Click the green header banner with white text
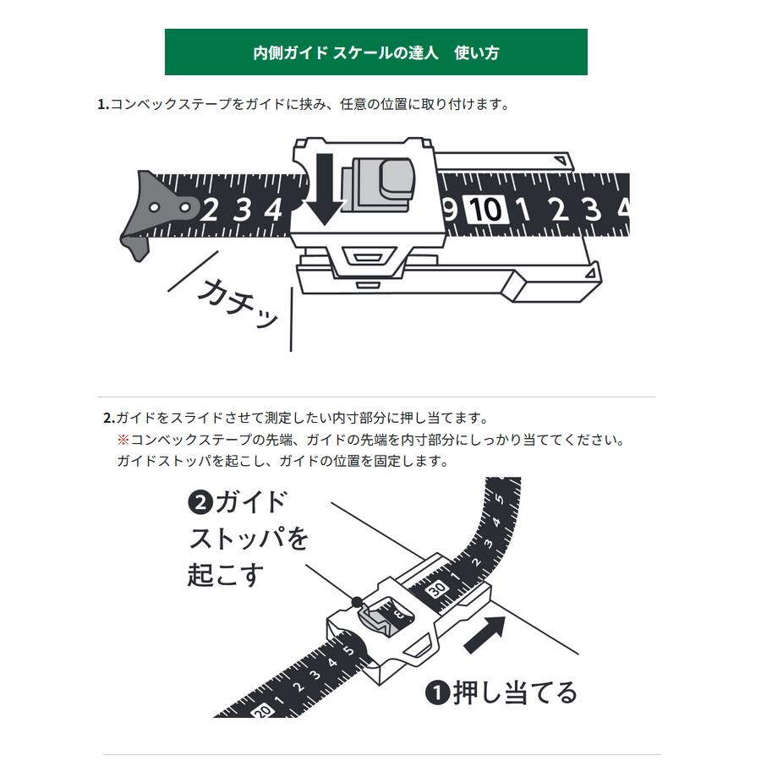(375, 52)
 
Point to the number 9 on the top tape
(450, 208)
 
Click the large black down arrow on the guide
(323, 188)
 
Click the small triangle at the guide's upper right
(560, 161)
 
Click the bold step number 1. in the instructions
(103, 105)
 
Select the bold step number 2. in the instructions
(108, 418)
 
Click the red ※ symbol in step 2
(122, 440)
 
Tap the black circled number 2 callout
(200, 503)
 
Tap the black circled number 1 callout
(437, 693)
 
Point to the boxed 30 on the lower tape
(437, 589)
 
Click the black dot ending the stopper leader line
(357, 602)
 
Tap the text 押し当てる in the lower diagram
(514, 693)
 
